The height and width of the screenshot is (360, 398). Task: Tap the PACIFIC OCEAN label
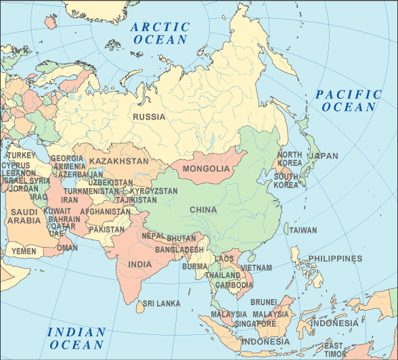[x=349, y=101]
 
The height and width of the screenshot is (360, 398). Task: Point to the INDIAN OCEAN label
[x=76, y=338]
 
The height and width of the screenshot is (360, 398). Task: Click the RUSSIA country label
[x=149, y=117]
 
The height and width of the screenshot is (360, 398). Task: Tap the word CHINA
[x=203, y=210]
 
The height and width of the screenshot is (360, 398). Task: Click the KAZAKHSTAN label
[x=118, y=162]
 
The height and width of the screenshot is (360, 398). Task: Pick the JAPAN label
[x=324, y=156]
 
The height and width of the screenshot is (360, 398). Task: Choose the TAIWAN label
[x=303, y=230]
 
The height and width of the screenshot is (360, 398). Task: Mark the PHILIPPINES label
[x=335, y=258]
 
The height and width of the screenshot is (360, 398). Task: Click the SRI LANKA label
[x=159, y=304]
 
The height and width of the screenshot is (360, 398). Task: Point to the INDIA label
[x=140, y=265]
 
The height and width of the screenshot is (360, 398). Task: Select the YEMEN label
[x=24, y=252]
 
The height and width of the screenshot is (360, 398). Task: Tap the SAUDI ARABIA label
[x=24, y=216]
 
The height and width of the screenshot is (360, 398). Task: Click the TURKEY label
[x=21, y=156]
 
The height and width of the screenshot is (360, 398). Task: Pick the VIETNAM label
[x=257, y=268]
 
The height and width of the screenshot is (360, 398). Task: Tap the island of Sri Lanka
[x=140, y=307]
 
